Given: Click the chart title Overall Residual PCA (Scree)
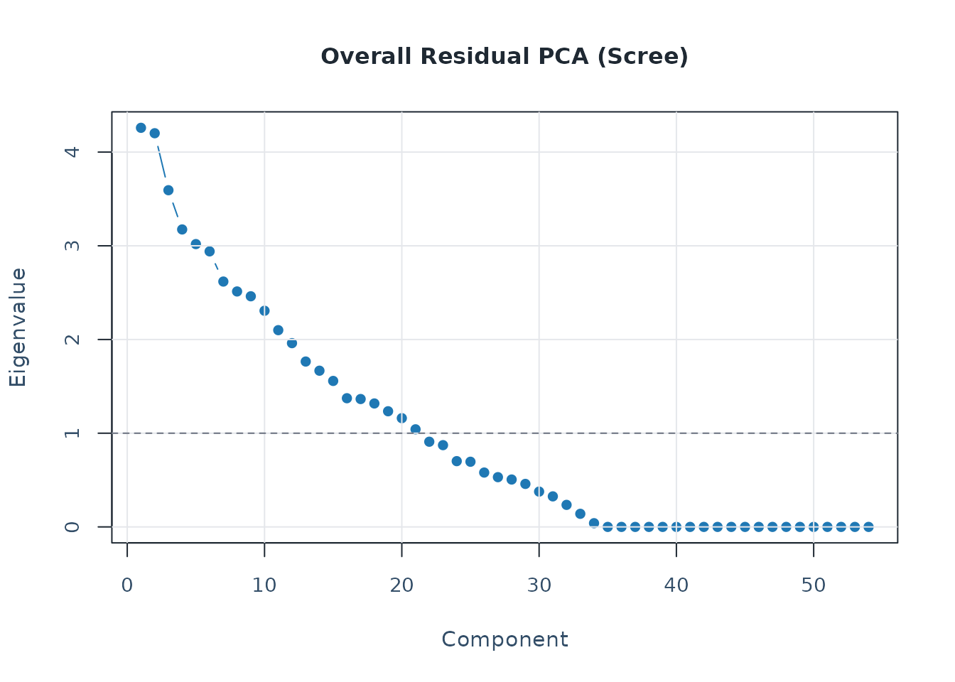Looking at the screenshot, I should click(x=505, y=57).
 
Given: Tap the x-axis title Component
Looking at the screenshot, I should click(x=505, y=639).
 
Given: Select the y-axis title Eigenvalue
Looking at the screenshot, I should click(x=18, y=328).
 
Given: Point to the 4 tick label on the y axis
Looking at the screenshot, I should click(x=72, y=152).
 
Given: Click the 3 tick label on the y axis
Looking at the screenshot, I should click(x=72, y=246).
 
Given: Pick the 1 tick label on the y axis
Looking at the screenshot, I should click(x=72, y=433).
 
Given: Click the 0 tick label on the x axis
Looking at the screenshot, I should click(x=127, y=586).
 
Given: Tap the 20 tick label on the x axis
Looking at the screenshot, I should click(x=401, y=586).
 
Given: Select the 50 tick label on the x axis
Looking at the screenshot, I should click(x=814, y=586).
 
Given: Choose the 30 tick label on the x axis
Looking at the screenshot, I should click(x=539, y=586).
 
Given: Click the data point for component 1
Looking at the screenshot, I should click(x=141, y=128).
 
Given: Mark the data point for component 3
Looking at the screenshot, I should click(x=168, y=190).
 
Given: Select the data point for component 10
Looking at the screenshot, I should click(x=264, y=310).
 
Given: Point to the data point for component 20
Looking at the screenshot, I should click(x=401, y=418).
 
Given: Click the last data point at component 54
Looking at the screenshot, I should click(x=868, y=526).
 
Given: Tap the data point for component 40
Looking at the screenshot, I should click(x=676, y=526).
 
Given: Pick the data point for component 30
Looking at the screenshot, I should click(x=539, y=492).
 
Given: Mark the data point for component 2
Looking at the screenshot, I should click(x=154, y=133).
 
